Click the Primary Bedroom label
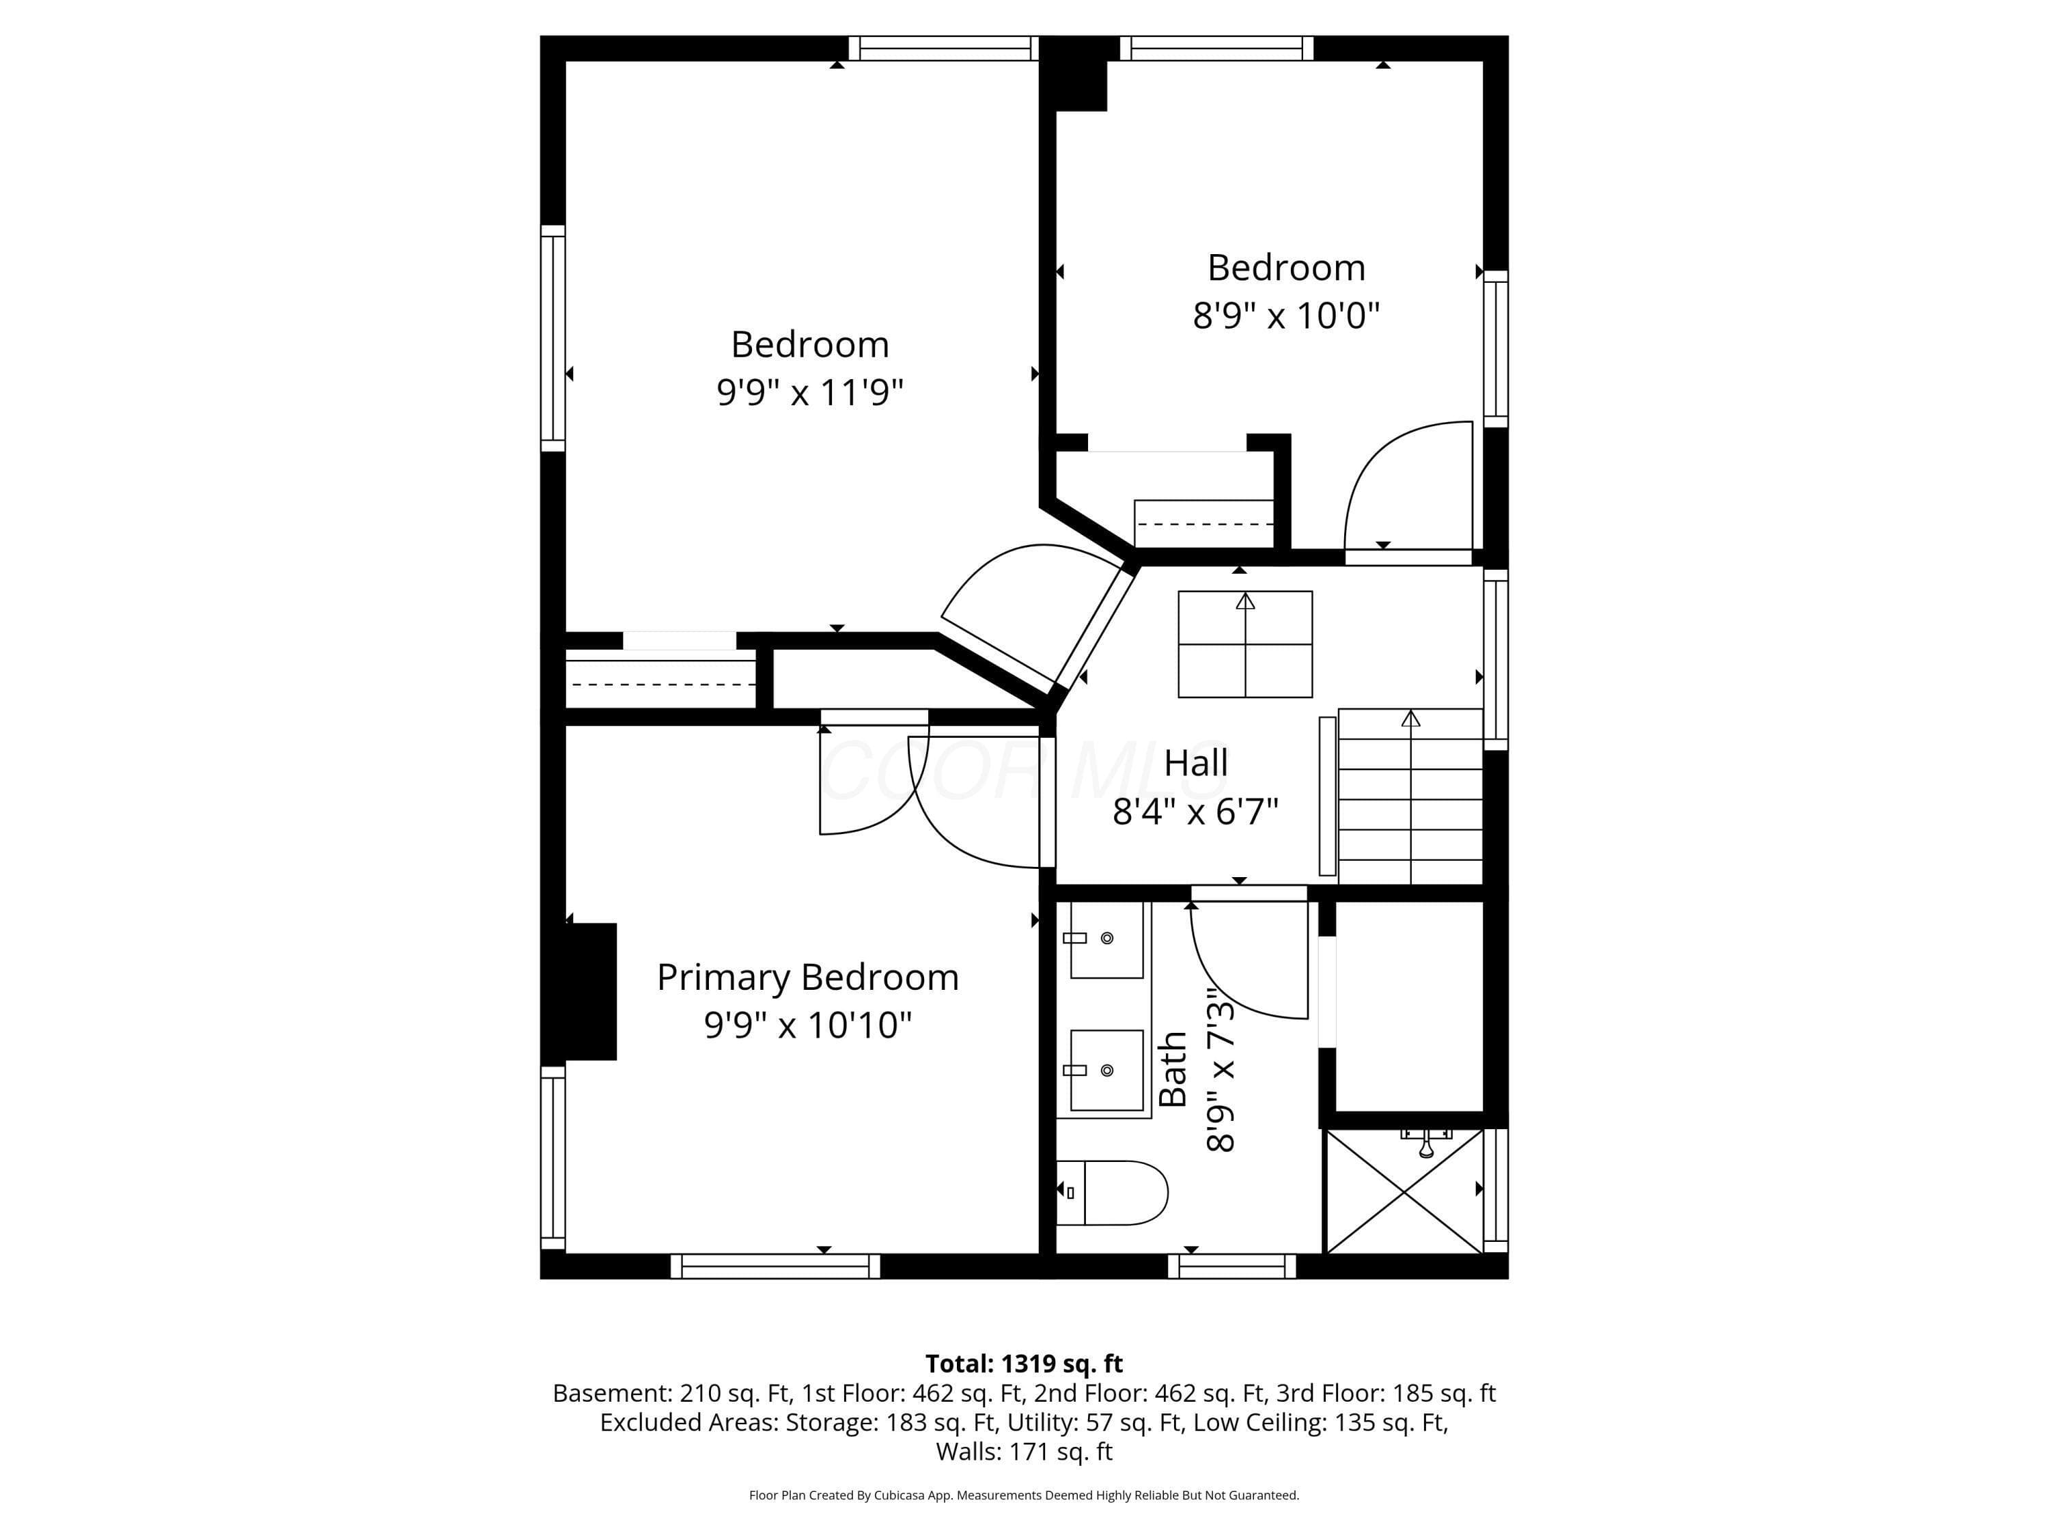click(x=808, y=978)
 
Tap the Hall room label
click(x=1196, y=764)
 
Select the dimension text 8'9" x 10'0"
click(x=1285, y=316)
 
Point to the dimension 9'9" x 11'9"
click(x=809, y=392)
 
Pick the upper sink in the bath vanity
click(x=1106, y=939)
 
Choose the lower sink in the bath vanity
click(x=1106, y=1070)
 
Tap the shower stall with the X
click(x=1404, y=1191)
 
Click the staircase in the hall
click(x=1410, y=797)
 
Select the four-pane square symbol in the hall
click(x=1245, y=644)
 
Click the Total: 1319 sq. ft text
click(x=1024, y=1363)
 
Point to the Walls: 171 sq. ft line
click(x=1024, y=1452)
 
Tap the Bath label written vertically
click(x=1173, y=1069)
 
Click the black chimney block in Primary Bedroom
click(x=591, y=991)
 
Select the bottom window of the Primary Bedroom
click(x=775, y=1266)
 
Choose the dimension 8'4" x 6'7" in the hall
click(x=1195, y=812)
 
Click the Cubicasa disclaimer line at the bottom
click(x=1024, y=1495)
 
